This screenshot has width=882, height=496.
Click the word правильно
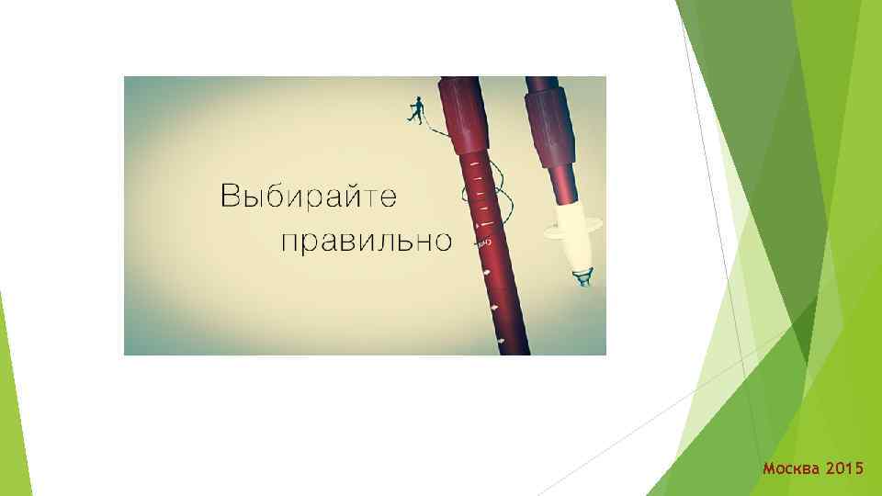coord(365,241)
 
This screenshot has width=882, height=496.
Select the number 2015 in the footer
coord(844,469)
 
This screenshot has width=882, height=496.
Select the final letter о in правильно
coord(442,242)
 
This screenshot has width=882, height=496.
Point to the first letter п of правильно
coord(289,242)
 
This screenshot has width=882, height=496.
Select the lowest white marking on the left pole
coord(502,342)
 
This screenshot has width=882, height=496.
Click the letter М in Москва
coord(769,469)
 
